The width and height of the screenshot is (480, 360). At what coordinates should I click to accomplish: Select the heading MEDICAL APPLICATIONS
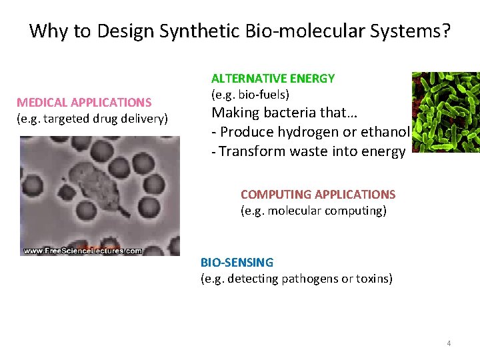pos(84,103)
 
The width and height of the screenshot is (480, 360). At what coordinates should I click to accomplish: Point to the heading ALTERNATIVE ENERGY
pos(273,79)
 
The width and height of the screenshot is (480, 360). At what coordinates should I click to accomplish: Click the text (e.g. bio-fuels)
pos(250,94)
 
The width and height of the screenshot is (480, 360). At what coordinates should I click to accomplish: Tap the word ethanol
pos(383,131)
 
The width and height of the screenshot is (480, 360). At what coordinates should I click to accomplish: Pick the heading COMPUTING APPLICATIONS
pos(318,195)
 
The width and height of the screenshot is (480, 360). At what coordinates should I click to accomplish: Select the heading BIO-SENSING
pos(237,263)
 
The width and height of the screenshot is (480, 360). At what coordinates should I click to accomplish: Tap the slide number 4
pos(449,343)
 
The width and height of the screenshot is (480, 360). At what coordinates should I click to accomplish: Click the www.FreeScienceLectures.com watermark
pos(83,251)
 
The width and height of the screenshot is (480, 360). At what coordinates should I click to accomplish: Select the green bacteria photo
pos(445,112)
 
